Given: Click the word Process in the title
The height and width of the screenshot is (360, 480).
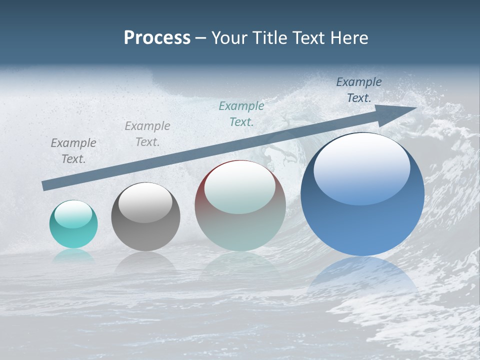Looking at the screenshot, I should click(157, 38).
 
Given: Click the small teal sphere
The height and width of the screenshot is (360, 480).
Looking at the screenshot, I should click(73, 224).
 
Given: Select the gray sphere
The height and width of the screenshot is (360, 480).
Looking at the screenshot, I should click(145, 217).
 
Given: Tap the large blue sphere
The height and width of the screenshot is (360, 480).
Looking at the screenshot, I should click(362, 195).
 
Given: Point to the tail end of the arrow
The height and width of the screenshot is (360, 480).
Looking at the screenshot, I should click(45, 185).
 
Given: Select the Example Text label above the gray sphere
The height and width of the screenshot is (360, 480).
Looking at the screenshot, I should click(147, 134).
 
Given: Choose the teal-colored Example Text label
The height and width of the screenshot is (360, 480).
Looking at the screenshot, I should click(241, 114).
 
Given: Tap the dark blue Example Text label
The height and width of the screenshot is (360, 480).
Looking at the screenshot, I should click(358, 90).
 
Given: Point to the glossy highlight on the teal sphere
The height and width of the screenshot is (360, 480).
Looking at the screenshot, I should click(73, 214).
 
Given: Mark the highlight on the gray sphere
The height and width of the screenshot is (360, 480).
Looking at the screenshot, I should click(145, 202).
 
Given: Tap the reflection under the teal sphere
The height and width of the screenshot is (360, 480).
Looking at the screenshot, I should click(73, 255).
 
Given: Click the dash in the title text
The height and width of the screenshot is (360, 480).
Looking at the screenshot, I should click(201, 38).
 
